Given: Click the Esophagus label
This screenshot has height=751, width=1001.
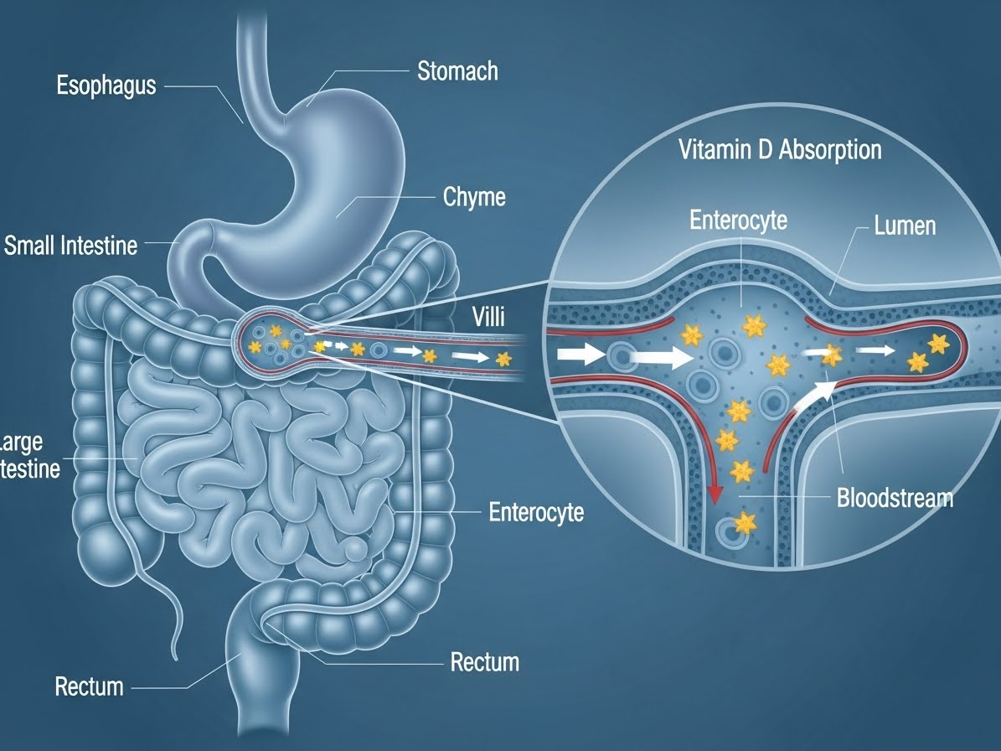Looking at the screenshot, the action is coord(106,85).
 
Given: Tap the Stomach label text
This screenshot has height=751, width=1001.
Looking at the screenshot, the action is coord(457,70).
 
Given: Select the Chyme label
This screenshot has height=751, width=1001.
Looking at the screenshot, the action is coord(473,198).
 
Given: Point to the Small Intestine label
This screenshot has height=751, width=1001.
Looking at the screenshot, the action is coord(70,246).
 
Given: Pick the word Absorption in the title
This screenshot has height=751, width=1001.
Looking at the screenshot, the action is coord(829,150).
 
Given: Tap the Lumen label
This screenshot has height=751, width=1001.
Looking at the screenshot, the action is coord(904,225).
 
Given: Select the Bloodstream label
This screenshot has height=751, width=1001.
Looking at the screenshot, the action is coord(895,498).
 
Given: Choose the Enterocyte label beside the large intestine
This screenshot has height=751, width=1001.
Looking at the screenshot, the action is coord(536,512).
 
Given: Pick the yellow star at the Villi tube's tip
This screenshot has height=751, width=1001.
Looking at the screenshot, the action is coord(503,360).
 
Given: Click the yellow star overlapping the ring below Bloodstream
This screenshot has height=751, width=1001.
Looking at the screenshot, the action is coord(744,525).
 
